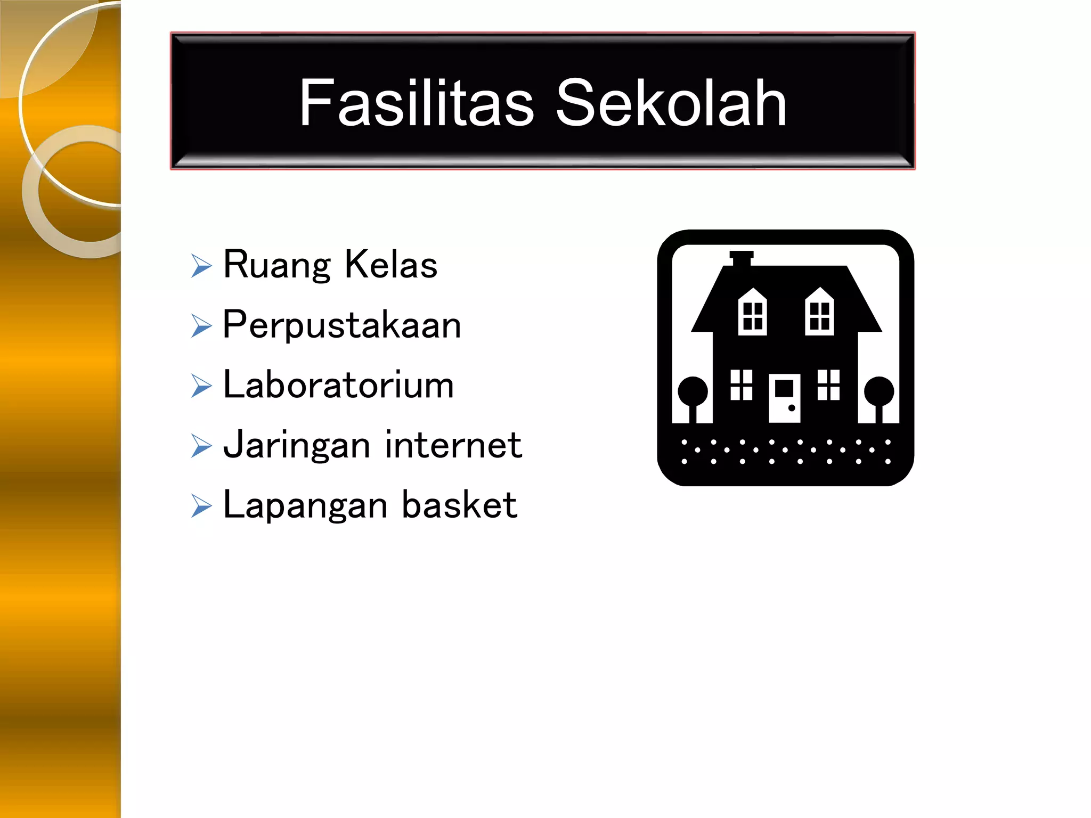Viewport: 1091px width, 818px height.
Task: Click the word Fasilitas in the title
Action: click(x=416, y=102)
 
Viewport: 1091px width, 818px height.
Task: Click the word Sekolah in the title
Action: click(x=671, y=102)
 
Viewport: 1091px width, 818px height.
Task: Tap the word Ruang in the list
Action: click(x=277, y=265)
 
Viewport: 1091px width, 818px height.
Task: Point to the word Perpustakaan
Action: click(x=341, y=325)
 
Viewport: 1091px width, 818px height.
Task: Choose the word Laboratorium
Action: click(x=338, y=385)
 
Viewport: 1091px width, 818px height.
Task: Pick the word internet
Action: click(x=453, y=445)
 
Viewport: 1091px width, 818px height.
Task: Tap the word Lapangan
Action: click(x=305, y=505)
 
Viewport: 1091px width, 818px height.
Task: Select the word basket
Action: click(x=459, y=504)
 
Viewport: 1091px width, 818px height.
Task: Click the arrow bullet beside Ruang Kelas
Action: click(x=201, y=265)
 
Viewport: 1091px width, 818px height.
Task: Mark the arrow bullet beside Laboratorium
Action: click(x=201, y=386)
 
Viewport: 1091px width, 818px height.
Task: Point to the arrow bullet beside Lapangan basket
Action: click(x=201, y=506)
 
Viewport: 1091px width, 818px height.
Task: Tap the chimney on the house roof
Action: click(x=742, y=258)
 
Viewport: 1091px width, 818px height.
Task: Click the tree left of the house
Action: click(x=693, y=397)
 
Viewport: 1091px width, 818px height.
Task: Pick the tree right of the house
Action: click(x=879, y=397)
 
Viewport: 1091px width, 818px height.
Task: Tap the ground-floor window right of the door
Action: click(x=828, y=385)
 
